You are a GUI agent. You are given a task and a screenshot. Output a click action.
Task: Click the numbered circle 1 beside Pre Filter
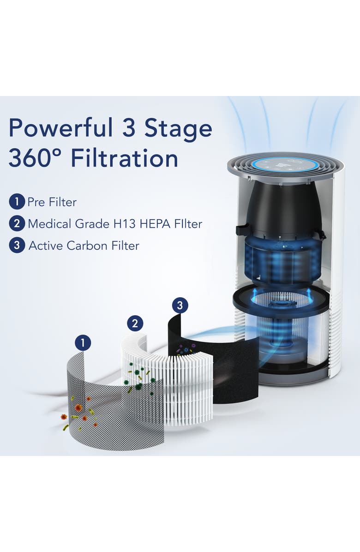point(16,202)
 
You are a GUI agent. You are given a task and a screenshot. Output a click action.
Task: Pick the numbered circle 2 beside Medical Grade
point(16,224)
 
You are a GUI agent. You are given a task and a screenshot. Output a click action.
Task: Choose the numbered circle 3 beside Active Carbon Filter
point(16,246)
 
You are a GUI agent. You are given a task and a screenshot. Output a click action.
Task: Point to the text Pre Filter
point(52,202)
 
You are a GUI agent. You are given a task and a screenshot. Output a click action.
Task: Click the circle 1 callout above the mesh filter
point(83,342)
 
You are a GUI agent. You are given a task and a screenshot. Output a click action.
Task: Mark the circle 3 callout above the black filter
point(180,305)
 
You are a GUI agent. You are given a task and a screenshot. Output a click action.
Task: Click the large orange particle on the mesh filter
point(78,408)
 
